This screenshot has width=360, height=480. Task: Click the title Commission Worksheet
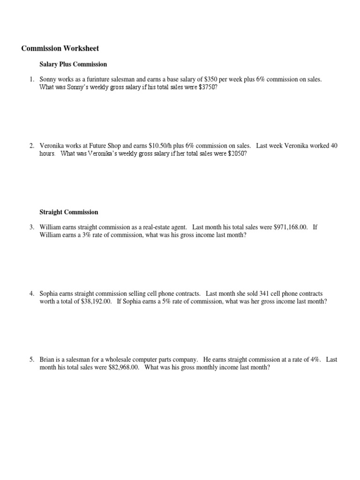point(60,48)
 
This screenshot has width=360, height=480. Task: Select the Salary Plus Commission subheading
point(73,64)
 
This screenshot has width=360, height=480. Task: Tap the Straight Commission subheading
point(69,212)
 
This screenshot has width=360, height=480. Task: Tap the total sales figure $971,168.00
point(291,227)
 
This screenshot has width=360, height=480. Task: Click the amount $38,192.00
point(96,301)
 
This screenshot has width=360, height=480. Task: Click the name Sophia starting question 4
point(49,293)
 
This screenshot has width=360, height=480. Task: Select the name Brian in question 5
point(47,360)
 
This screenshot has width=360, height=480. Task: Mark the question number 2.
point(32,146)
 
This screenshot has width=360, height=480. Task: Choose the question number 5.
point(32,360)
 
